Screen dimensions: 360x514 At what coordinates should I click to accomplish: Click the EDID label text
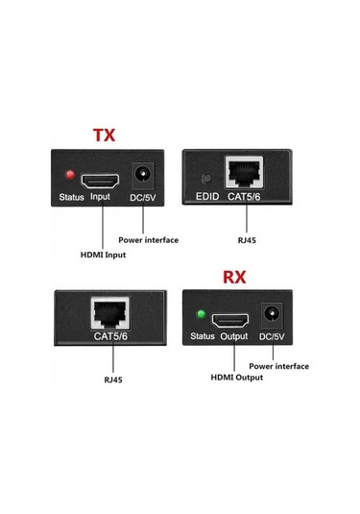(x=207, y=198)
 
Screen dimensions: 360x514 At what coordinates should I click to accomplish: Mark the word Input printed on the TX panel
(x=101, y=198)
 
